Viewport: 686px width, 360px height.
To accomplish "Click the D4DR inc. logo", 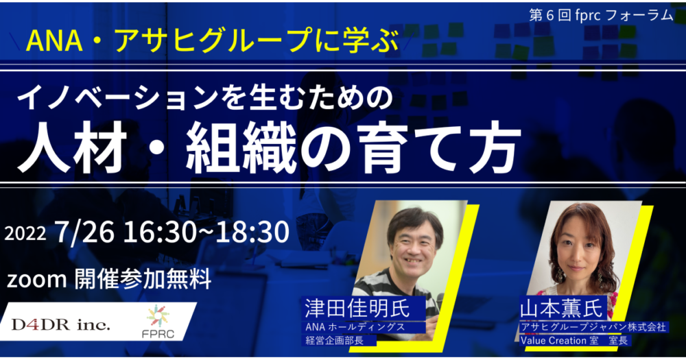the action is (61, 324).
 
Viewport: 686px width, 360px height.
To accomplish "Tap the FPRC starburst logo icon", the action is (158, 316).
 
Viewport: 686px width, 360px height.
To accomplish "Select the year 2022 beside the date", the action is (25, 234).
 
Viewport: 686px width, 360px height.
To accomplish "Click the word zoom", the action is (37, 280).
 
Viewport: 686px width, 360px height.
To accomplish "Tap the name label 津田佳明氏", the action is (357, 309).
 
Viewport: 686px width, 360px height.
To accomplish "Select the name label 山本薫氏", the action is (561, 309).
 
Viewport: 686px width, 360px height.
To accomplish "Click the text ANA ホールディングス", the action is (355, 327).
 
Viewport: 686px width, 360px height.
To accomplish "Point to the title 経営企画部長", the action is (335, 340).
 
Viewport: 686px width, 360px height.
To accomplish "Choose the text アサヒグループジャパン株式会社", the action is (593, 327).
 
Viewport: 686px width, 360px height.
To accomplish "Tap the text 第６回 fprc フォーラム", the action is (601, 15).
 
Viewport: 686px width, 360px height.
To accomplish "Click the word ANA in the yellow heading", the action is (55, 40).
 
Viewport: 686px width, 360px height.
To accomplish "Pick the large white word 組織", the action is (241, 149).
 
